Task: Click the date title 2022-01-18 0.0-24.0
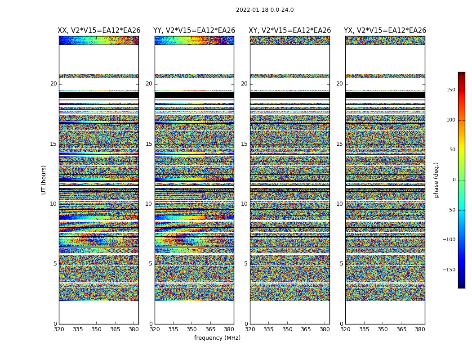coord(265,10)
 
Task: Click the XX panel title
coord(99,31)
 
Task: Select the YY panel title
coord(194,31)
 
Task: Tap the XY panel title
coord(290,31)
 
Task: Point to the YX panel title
coord(385,31)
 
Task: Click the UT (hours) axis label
coord(44,180)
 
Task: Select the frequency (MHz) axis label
coord(217,338)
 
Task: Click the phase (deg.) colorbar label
coord(436,180)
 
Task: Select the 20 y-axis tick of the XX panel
coord(53,84)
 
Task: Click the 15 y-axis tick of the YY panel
coord(149,144)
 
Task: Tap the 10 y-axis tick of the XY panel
coord(244,204)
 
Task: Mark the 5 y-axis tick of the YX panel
coord(341,264)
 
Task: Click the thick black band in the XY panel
coord(290,95)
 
